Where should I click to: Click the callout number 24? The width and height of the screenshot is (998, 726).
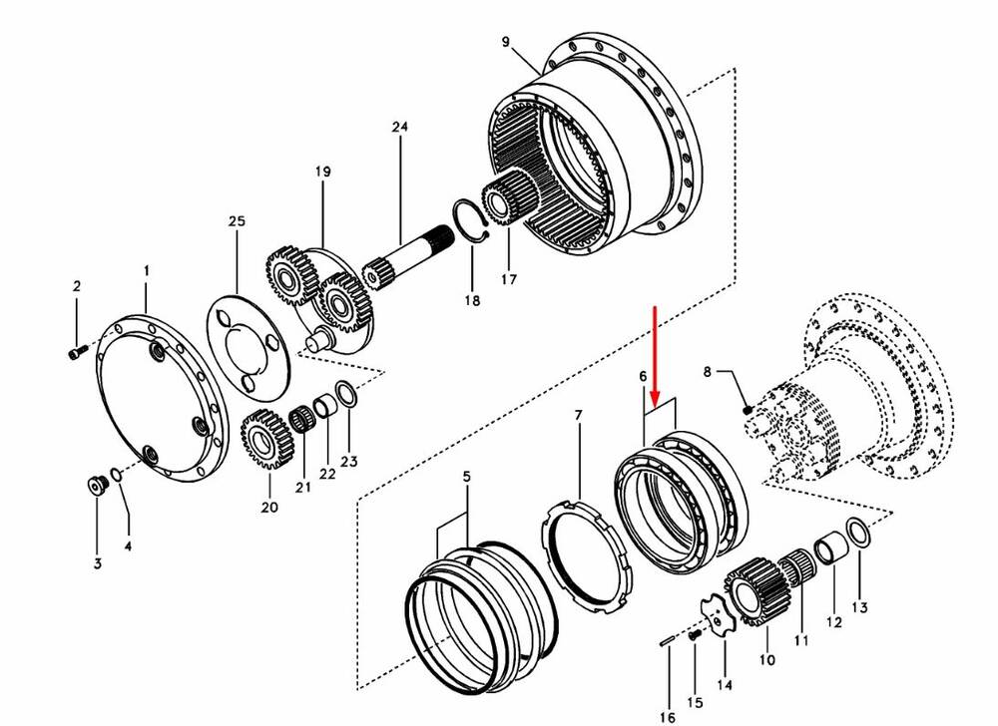coord(400,127)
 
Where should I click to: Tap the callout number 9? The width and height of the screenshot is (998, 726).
coord(505,42)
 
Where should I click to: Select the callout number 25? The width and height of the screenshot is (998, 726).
coord(237,221)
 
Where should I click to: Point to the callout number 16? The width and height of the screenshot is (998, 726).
coord(667,717)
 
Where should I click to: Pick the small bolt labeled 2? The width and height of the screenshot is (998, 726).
coord(76,352)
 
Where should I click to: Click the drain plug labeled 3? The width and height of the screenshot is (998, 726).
coord(98,485)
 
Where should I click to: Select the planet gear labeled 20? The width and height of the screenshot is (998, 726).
coord(266,440)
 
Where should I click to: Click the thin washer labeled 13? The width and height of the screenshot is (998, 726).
coord(856,532)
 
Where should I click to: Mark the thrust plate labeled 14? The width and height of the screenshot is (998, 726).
coord(718,614)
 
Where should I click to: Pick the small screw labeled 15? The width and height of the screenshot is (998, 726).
coord(695,634)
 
